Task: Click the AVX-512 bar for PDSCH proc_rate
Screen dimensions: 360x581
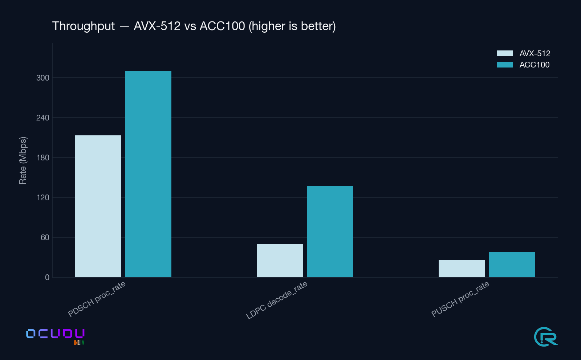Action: tap(98, 206)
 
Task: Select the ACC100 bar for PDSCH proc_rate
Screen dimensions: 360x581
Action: tap(148, 174)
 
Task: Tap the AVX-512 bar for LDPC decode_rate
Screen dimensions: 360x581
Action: tap(280, 260)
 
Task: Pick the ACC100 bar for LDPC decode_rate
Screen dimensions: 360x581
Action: tap(330, 231)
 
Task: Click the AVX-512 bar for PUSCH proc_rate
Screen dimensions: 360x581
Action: tap(462, 269)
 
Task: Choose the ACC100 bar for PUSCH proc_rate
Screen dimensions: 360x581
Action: tap(512, 265)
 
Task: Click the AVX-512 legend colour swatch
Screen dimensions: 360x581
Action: tap(504, 53)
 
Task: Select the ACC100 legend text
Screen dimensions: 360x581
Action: tap(534, 65)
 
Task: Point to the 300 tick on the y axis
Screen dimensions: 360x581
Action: tap(43, 78)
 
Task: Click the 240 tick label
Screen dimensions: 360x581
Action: tap(43, 118)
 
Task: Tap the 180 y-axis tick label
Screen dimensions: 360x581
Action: tap(43, 157)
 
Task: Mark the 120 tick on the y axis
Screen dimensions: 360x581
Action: tap(43, 197)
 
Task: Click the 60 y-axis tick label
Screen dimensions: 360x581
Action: tap(45, 237)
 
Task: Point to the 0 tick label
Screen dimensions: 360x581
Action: tap(47, 277)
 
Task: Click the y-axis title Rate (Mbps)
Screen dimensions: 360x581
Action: tap(23, 160)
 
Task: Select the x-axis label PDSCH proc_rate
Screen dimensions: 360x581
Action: tap(97, 299)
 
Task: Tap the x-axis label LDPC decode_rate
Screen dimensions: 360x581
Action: tap(277, 300)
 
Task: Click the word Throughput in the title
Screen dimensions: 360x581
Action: tap(84, 26)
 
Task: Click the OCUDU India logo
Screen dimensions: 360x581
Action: tap(55, 336)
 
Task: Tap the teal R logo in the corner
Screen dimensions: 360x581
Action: tap(546, 336)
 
